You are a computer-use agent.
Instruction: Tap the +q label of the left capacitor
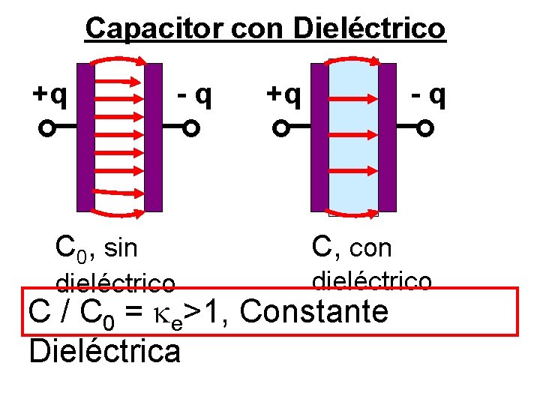[x=49, y=94]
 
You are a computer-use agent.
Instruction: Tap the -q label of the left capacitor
[x=193, y=94]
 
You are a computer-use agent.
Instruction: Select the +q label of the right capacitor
[x=284, y=94]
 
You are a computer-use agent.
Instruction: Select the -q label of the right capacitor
[x=427, y=94]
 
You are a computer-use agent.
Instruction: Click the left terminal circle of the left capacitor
[x=46, y=129]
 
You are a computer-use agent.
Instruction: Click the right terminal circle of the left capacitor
[x=191, y=129]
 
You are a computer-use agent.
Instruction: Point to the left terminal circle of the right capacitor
[x=280, y=129]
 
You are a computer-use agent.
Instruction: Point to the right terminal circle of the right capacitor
[x=425, y=129]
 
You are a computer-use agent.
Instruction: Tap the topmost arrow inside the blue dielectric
[x=352, y=97]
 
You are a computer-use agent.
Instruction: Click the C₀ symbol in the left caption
[x=72, y=246]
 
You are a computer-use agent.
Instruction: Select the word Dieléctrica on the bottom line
[x=104, y=350]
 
